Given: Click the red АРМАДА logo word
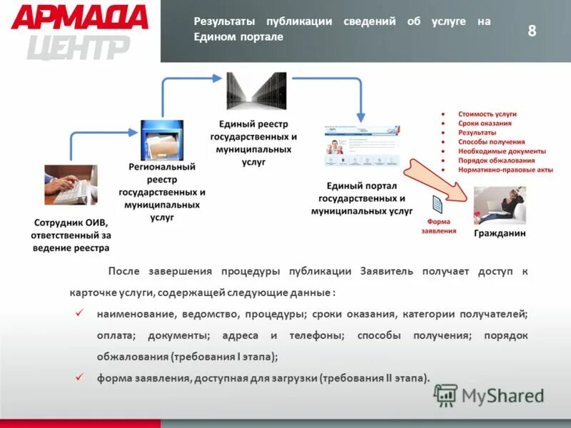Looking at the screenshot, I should tap(80, 18).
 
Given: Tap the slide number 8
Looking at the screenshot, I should tap(532, 30).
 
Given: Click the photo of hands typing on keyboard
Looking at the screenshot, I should tap(71, 185).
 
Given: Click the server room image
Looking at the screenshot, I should tap(256, 91).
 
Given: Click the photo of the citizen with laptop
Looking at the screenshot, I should tap(500, 205).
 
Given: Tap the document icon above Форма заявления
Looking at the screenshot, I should tap(437, 205).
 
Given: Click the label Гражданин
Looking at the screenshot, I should tap(500, 233).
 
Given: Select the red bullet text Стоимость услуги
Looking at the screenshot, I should tap(487, 114).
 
